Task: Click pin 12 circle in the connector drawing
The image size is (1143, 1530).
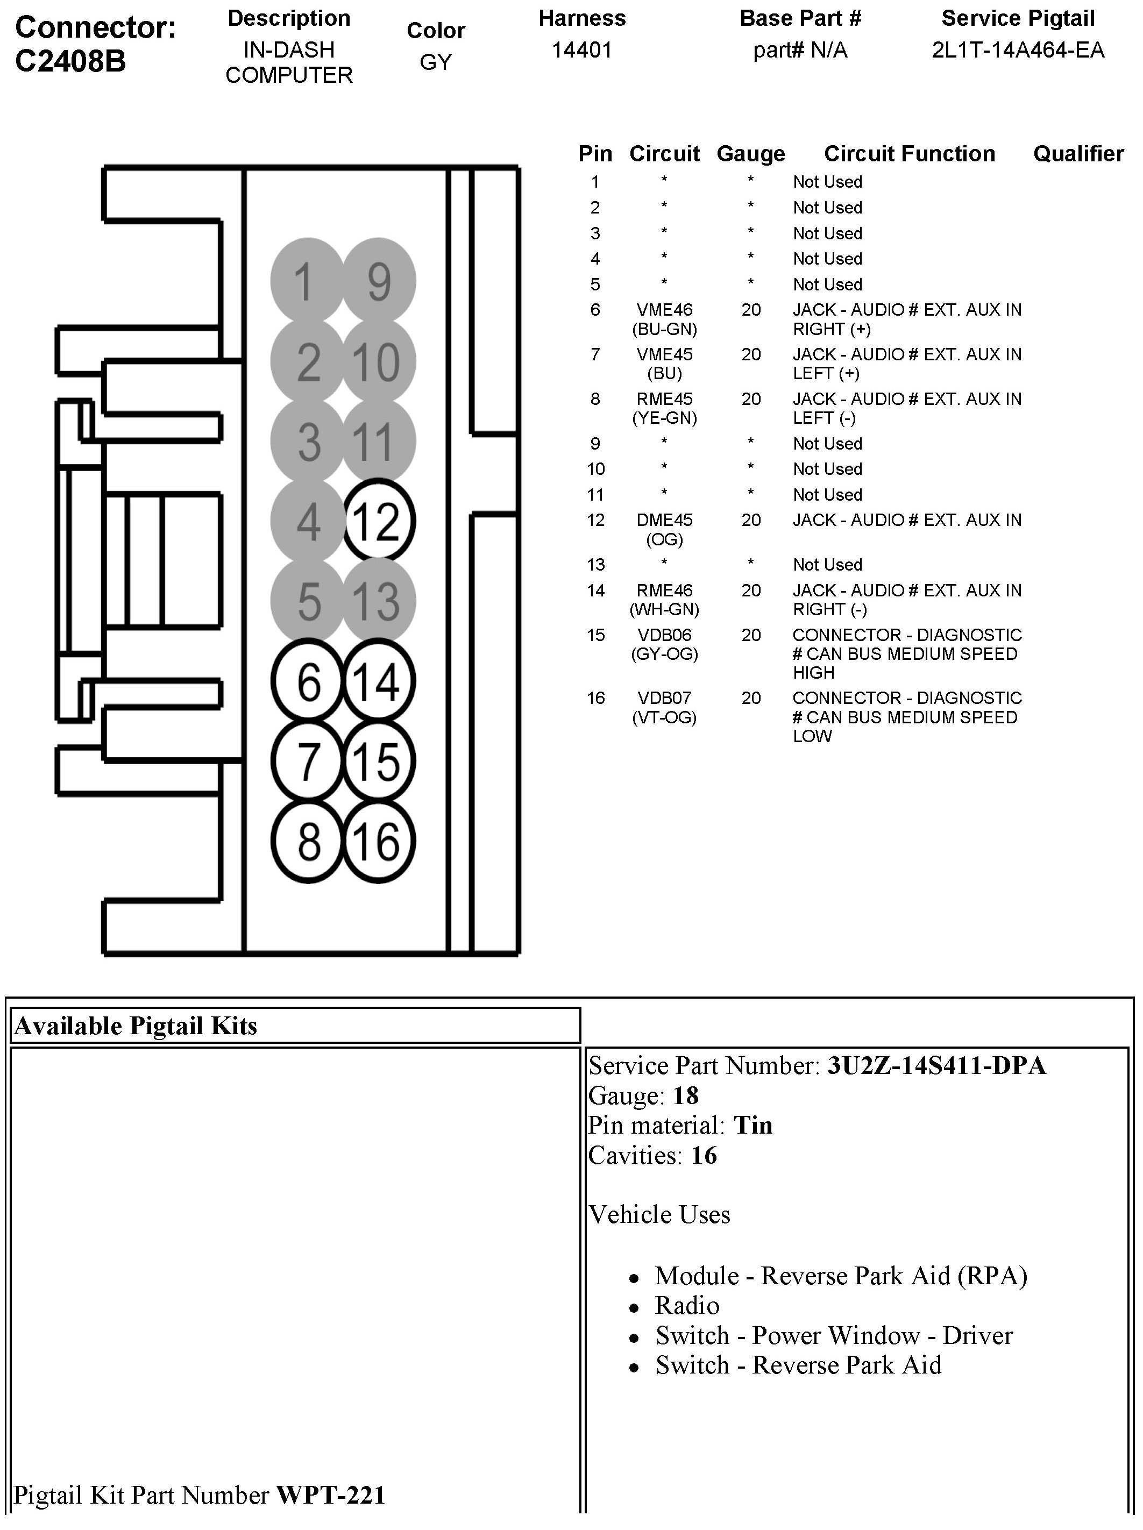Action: point(379,520)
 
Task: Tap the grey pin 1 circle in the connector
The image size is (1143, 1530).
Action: point(307,281)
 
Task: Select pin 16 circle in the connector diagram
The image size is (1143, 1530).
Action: point(379,842)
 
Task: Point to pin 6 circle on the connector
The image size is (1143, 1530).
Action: point(308,681)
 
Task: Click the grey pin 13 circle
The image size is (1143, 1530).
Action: point(379,600)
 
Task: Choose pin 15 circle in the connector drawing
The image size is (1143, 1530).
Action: point(379,762)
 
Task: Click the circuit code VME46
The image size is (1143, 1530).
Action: point(664,310)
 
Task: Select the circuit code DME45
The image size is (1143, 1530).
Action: point(664,520)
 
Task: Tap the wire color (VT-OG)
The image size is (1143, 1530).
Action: point(664,717)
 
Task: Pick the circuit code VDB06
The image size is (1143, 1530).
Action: point(664,635)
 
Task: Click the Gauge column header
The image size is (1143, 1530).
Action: point(751,154)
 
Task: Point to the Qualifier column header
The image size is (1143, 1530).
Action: point(1078,154)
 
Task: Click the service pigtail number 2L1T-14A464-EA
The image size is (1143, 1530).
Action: point(1018,51)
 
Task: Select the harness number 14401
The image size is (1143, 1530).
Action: point(582,51)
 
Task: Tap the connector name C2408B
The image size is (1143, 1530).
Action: point(70,61)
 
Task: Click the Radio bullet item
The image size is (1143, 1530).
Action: point(687,1305)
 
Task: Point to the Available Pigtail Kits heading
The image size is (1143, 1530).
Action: point(136,1026)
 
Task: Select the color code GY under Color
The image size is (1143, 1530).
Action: point(436,62)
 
